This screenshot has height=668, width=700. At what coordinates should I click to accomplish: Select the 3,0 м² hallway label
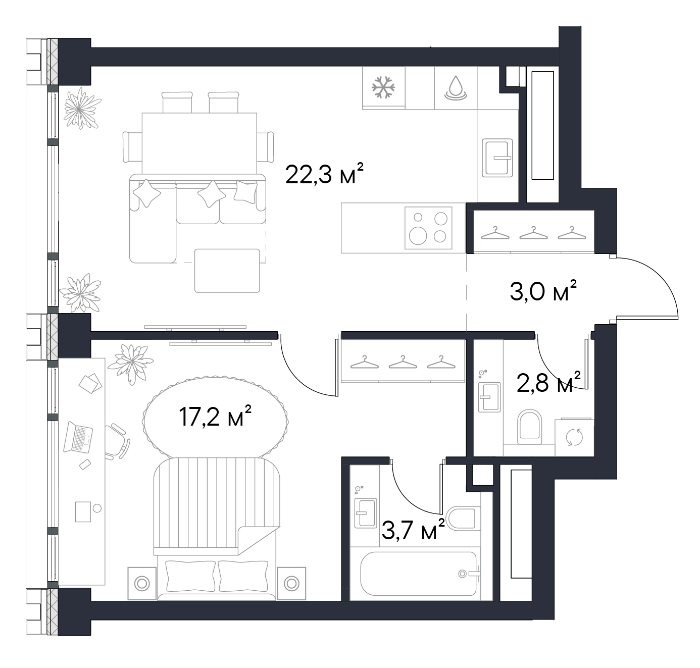[x=543, y=290]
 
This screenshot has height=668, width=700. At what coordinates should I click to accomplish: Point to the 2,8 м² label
[x=548, y=382]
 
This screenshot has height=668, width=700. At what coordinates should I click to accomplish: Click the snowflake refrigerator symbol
[x=383, y=87]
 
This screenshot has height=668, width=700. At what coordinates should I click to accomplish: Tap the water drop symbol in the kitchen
[x=456, y=88]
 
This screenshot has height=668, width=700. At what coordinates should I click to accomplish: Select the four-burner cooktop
[x=428, y=228]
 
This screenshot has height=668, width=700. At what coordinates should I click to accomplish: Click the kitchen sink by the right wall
[x=497, y=158]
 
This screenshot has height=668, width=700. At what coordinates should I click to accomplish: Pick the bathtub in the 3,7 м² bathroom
[x=418, y=574]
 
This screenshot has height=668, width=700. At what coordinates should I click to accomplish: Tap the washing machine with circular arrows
[x=574, y=437]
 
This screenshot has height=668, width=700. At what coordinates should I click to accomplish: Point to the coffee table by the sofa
[x=227, y=271]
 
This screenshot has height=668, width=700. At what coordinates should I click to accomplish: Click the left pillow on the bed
[x=190, y=576]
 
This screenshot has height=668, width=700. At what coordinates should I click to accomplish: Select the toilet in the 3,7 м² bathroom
[x=461, y=518]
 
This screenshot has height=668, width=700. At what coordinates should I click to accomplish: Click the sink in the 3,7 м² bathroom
[x=366, y=513]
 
